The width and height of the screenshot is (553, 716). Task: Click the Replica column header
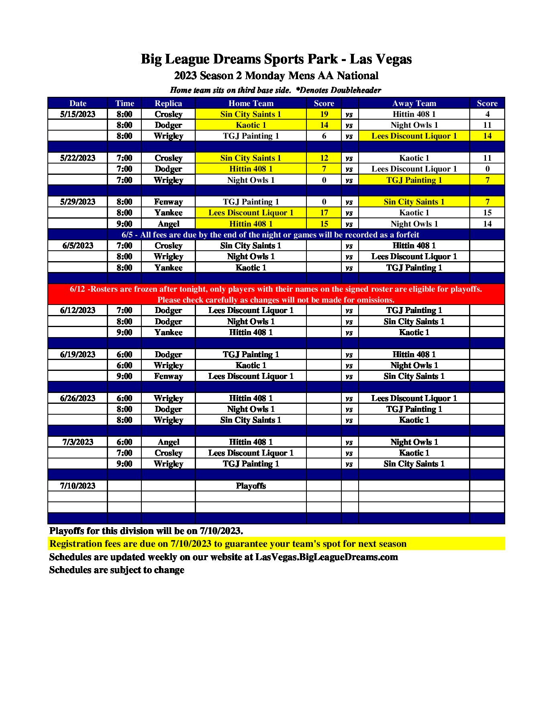coord(168,103)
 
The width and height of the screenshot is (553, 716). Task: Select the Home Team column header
coord(251,103)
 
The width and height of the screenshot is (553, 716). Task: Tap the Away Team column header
coord(414,103)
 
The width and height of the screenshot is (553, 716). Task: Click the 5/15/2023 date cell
coord(78,114)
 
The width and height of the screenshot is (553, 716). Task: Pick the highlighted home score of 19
coord(324,114)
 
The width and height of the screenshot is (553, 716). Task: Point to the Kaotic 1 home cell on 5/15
coord(251,125)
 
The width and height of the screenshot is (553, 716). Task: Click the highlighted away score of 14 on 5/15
coord(487,136)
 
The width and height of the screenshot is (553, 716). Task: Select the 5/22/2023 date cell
coord(78,158)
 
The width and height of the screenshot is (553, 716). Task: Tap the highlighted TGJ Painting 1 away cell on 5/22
coord(414,180)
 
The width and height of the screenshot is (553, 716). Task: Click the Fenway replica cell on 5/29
coord(168,202)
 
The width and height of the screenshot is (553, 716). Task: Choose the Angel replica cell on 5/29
coord(168,224)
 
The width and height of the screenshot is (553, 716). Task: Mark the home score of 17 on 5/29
coord(324,213)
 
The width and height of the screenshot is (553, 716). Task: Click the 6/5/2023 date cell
coord(78,245)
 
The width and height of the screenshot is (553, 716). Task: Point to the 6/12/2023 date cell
coord(78,310)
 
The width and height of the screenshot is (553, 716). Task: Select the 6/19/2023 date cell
coord(78,354)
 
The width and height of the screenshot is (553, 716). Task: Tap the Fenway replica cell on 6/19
coord(168,376)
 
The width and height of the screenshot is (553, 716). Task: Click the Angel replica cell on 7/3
coord(168,442)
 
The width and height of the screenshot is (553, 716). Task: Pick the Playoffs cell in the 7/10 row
coord(251,486)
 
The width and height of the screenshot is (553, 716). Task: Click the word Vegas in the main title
coord(392,59)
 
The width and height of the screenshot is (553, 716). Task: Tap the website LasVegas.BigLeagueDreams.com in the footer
coord(326,557)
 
